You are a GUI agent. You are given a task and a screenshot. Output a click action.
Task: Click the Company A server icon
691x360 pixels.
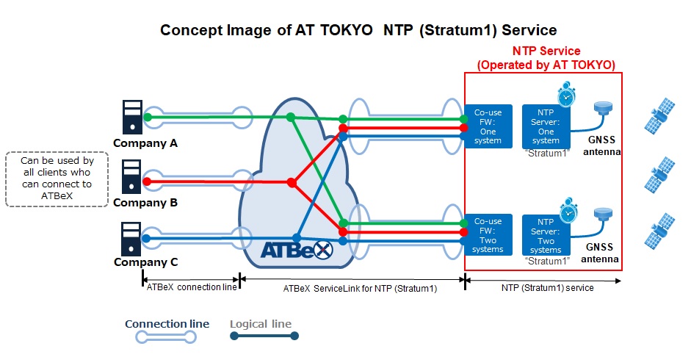pyautogui.click(x=132, y=117)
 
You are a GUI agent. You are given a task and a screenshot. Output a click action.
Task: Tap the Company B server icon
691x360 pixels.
pyautogui.click(x=131, y=176)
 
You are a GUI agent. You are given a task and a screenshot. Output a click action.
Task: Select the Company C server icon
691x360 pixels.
pyautogui.click(x=131, y=239)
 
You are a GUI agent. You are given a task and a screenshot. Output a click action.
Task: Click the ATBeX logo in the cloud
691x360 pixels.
pyautogui.click(x=297, y=250)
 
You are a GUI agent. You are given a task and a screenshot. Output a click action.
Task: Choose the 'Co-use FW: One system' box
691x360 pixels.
pyautogui.click(x=488, y=126)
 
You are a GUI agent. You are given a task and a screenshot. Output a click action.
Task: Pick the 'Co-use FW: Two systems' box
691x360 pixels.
pyautogui.click(x=488, y=235)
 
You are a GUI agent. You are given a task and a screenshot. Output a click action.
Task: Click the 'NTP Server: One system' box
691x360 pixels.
pyautogui.click(x=546, y=126)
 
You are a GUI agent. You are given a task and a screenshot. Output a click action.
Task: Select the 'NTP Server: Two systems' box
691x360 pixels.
pyautogui.click(x=546, y=235)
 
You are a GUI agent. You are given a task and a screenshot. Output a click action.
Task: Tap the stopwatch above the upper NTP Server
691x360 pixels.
pyautogui.click(x=566, y=94)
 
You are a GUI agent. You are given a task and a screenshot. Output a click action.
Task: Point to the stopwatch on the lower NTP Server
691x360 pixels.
pyautogui.click(x=568, y=211)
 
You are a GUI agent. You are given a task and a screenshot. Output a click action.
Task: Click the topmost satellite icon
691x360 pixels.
pyautogui.click(x=659, y=116)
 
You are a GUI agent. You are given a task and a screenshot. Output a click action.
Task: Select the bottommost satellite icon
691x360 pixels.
pyautogui.click(x=659, y=231)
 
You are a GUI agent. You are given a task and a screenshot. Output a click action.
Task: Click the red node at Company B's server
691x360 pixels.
pyautogui.click(x=147, y=181)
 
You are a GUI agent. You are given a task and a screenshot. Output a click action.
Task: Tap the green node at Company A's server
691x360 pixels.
pyautogui.click(x=148, y=118)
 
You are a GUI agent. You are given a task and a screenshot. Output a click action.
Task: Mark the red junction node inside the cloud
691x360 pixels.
pyautogui.click(x=292, y=182)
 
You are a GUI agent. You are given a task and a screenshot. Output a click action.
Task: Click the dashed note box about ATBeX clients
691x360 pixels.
pyautogui.click(x=57, y=179)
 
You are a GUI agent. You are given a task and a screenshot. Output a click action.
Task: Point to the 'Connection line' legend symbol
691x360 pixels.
pyautogui.click(x=166, y=337)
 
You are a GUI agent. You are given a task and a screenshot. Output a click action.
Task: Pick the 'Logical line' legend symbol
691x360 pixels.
pyautogui.click(x=264, y=336)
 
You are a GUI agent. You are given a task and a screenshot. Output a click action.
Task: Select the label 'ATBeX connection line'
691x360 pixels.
pyautogui.click(x=192, y=287)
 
